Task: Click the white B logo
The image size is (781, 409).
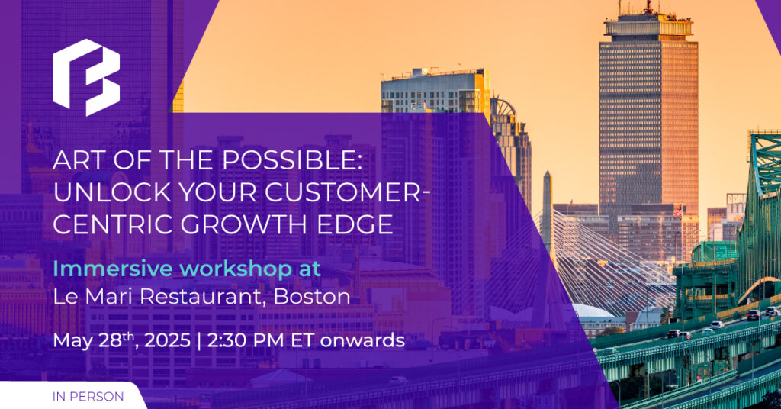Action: click(x=86, y=77)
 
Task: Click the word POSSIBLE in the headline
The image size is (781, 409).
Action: click(x=291, y=160)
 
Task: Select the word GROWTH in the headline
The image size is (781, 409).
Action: click(x=243, y=224)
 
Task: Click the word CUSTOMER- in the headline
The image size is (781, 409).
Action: click(x=348, y=192)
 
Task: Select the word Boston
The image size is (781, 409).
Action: click(x=312, y=296)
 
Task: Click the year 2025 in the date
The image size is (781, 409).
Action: click(x=167, y=341)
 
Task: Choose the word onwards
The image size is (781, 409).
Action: click(x=362, y=341)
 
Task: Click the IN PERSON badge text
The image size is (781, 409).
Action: click(x=88, y=397)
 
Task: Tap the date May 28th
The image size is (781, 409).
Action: click(x=95, y=341)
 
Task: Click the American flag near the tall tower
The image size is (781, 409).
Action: click(x=678, y=211)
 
